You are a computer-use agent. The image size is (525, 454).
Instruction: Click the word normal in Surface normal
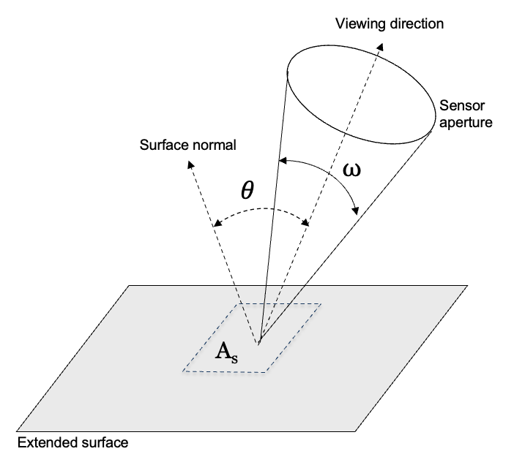pyautogui.click(x=212, y=144)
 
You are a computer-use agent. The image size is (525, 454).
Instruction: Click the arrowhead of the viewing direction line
pyautogui.click(x=380, y=45)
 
